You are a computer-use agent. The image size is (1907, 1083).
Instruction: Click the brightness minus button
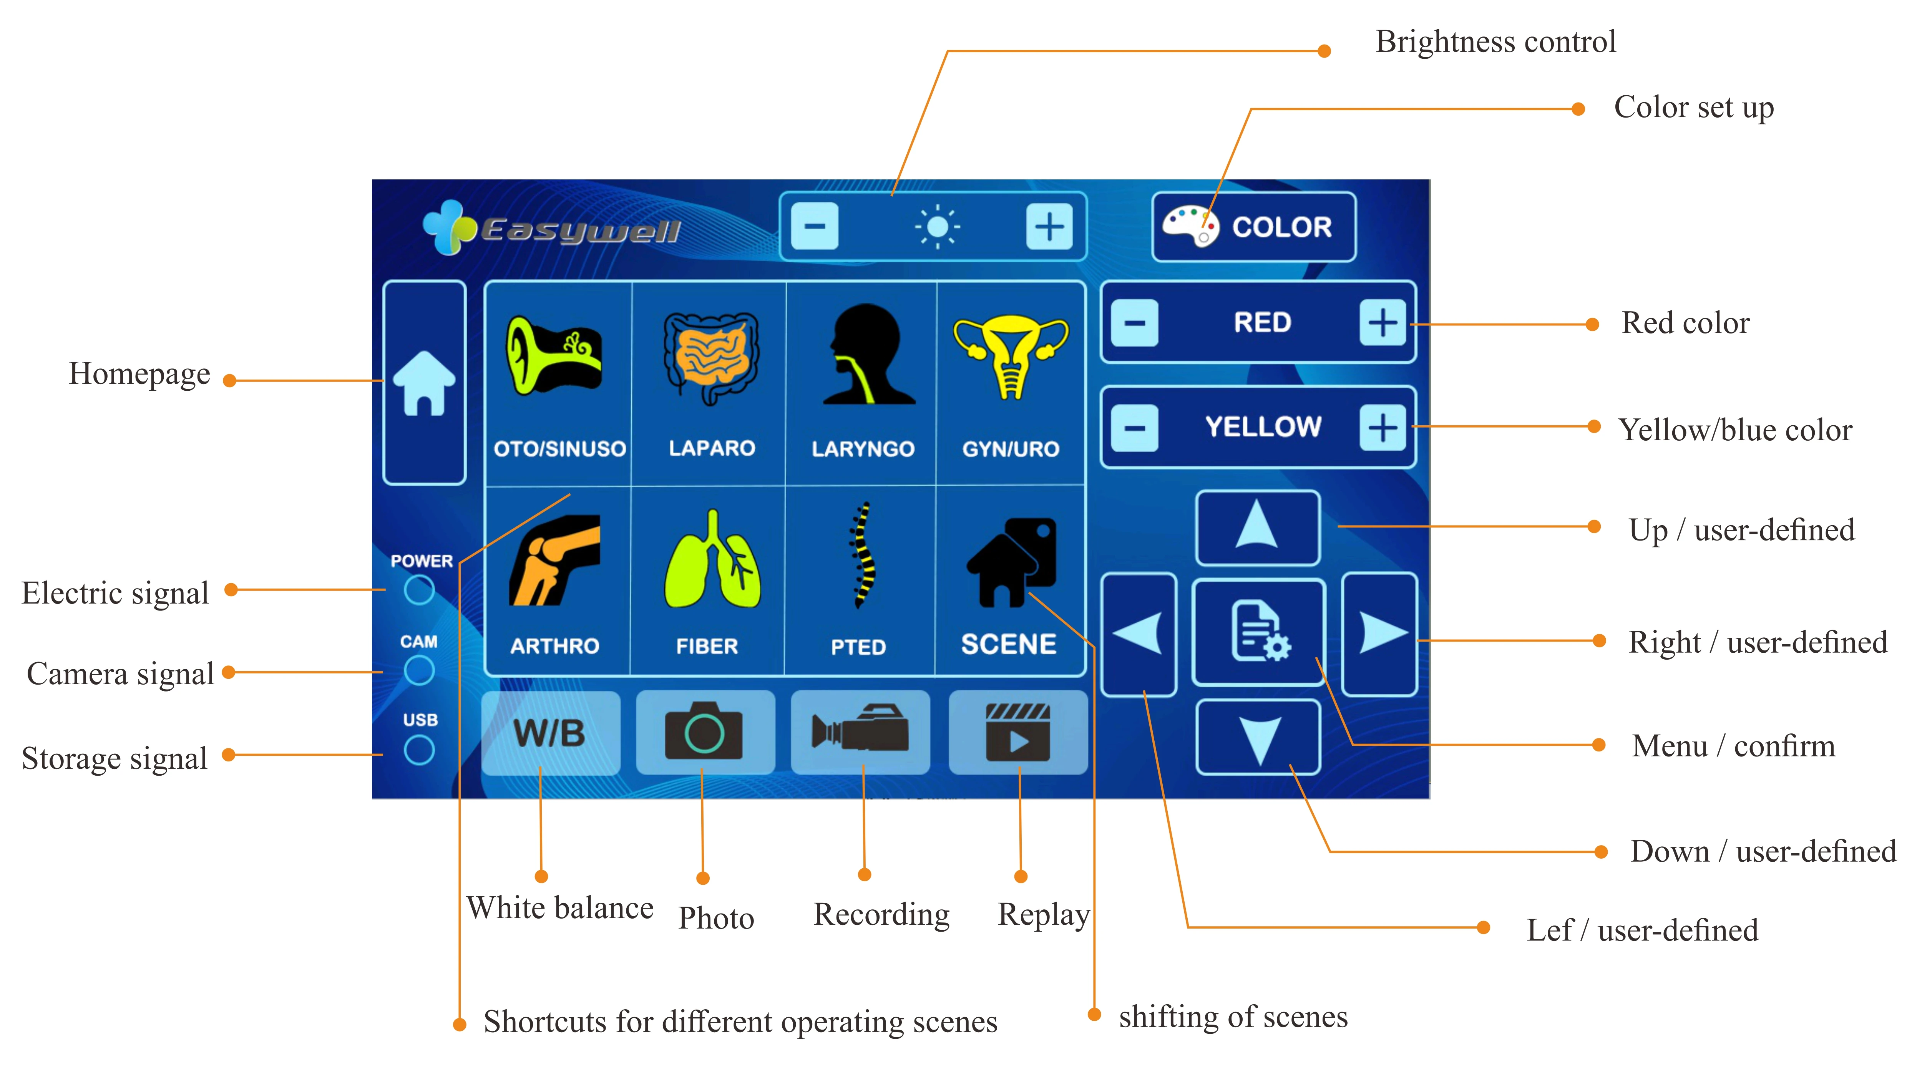(815, 226)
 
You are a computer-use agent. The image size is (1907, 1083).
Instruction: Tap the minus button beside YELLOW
(1134, 428)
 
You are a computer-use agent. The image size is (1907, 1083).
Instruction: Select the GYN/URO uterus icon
(1011, 357)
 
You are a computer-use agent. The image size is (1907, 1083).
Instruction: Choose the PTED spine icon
(861, 556)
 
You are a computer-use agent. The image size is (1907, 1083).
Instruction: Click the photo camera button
(704, 733)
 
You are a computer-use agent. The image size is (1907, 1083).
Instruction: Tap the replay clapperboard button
(1017, 733)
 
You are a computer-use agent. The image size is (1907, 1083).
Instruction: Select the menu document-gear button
(1258, 632)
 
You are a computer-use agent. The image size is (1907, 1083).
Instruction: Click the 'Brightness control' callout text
(1495, 41)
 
